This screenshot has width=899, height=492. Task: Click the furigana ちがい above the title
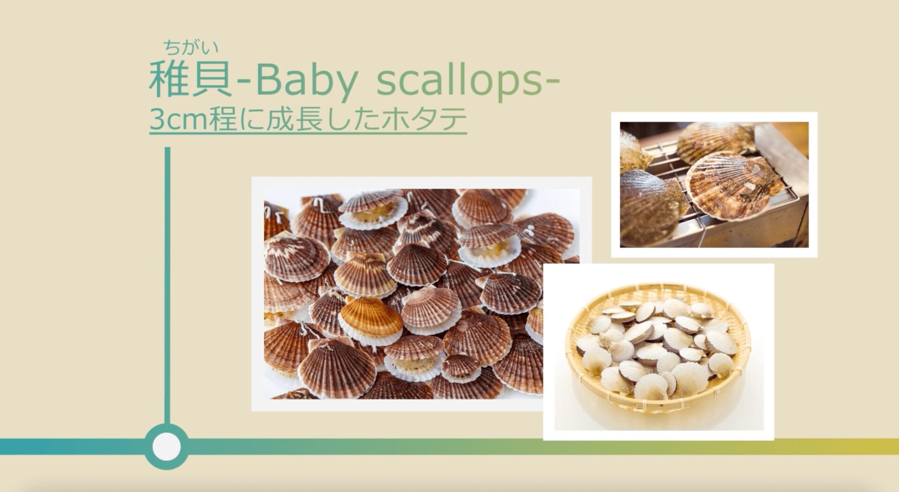191,47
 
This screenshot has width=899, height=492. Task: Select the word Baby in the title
306,82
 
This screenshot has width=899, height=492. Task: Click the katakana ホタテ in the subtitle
424,120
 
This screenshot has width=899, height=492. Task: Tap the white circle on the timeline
167,446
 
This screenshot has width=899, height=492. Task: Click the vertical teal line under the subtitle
167,286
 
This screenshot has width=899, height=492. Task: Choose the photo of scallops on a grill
714,184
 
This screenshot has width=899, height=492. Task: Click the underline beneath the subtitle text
308,134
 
